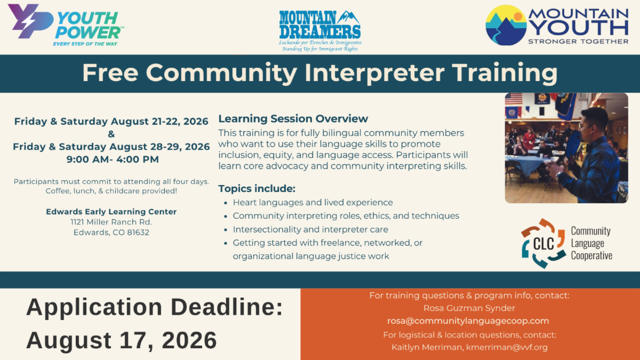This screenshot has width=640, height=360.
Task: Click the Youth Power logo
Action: pyautogui.click(x=66, y=25)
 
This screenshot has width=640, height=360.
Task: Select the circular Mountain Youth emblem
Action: pyautogui.click(x=506, y=25)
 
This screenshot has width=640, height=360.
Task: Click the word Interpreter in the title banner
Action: pyautogui.click(x=374, y=73)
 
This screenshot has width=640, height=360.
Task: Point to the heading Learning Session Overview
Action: pyautogui.click(x=293, y=118)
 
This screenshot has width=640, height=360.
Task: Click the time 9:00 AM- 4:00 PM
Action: pyautogui.click(x=113, y=159)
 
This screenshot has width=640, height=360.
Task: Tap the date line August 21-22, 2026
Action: pyautogui.click(x=111, y=122)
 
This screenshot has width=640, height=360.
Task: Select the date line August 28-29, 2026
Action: pyautogui.click(x=111, y=147)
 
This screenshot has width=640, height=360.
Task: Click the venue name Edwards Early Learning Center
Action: pyautogui.click(x=111, y=212)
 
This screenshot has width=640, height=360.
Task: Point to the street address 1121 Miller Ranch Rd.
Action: pyautogui.click(x=111, y=222)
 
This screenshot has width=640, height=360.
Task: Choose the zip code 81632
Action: pyautogui.click(x=138, y=233)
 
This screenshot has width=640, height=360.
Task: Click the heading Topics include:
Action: pyautogui.click(x=257, y=189)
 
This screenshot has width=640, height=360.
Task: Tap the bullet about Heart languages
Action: pyautogui.click(x=313, y=203)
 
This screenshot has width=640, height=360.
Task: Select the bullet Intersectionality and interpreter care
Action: pyautogui.click(x=310, y=229)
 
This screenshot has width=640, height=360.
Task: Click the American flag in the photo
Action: pyautogui.click(x=514, y=99)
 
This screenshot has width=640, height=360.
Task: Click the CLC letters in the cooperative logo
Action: pyautogui.click(x=543, y=244)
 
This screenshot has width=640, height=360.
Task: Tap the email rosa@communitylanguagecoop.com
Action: pyautogui.click(x=468, y=321)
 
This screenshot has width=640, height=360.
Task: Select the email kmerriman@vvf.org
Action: pyautogui.click(x=507, y=347)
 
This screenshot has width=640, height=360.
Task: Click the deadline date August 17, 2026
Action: pyautogui.click(x=122, y=340)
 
